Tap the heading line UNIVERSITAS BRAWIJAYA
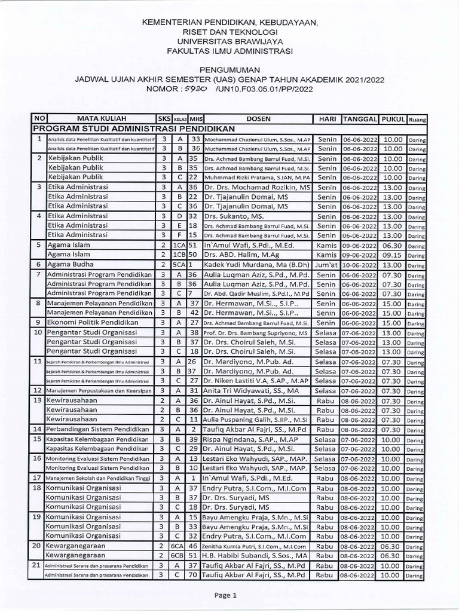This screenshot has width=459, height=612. pyautogui.click(x=229, y=42)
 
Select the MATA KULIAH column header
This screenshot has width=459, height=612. pyautogui.click(x=93, y=118)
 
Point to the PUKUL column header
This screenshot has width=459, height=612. pyautogui.click(x=393, y=118)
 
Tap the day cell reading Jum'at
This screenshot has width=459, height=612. pyautogui.click(x=326, y=264)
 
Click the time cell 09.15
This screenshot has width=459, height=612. pyautogui.click(x=393, y=254)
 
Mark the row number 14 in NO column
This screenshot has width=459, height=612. pyautogui.click(x=37, y=429)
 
